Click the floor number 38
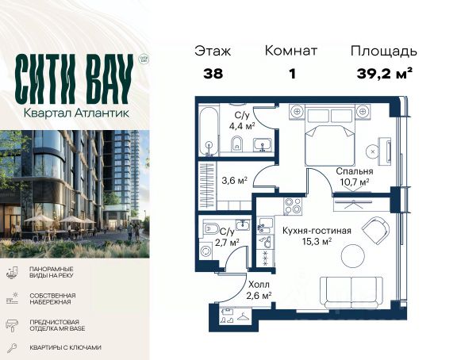point(213,74)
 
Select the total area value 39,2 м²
point(385,74)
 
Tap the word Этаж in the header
point(213,51)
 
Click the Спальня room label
point(355,171)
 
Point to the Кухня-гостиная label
point(317,231)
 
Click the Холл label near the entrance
point(259,284)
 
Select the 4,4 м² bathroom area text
point(242,127)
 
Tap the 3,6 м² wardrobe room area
point(234,181)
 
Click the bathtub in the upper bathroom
point(209,132)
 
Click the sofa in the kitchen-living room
point(351,293)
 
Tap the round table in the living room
point(352,256)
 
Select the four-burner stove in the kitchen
point(293,205)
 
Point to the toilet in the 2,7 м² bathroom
point(210,228)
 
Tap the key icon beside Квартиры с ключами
point(12,348)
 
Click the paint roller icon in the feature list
point(12,325)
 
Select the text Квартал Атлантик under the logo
point(76,113)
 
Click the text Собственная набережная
point(52,299)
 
